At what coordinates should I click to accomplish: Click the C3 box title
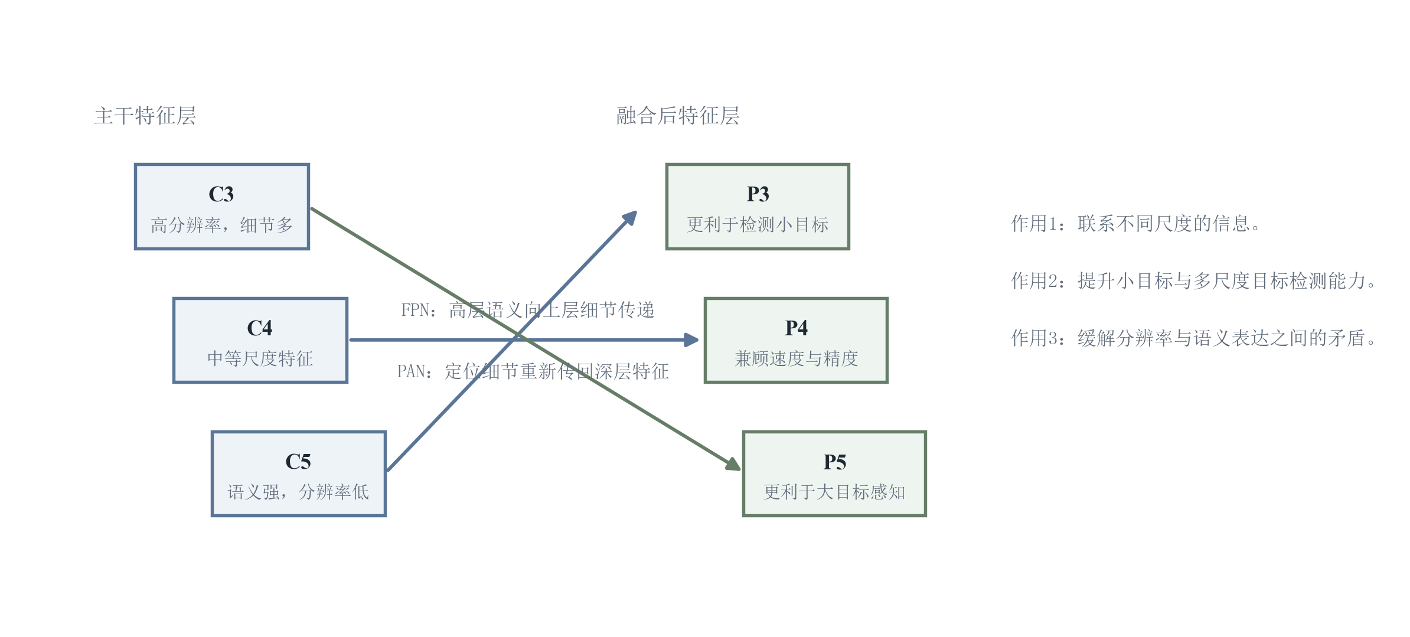click(221, 194)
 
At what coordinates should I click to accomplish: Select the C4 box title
click(260, 328)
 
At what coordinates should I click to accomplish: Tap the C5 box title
click(298, 462)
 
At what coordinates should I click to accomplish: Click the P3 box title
click(758, 194)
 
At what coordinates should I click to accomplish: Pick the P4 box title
click(796, 328)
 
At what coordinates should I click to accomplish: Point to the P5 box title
click(834, 462)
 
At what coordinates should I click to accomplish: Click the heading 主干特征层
click(145, 116)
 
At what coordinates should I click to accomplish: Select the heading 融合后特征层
click(678, 116)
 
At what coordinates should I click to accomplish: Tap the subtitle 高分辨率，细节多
click(221, 225)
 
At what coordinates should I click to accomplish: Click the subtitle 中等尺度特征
click(260, 358)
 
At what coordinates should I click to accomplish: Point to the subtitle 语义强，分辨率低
click(298, 492)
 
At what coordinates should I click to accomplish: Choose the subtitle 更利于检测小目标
click(758, 225)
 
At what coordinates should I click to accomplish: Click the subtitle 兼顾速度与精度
click(796, 358)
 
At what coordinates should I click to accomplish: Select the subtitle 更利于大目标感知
click(834, 492)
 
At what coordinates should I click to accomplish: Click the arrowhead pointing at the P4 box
click(691, 340)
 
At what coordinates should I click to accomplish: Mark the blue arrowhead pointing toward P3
click(630, 218)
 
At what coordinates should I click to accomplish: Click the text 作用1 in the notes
click(1029, 224)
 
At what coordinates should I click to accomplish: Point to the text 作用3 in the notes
click(1029, 338)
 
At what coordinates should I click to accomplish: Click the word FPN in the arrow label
click(414, 311)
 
